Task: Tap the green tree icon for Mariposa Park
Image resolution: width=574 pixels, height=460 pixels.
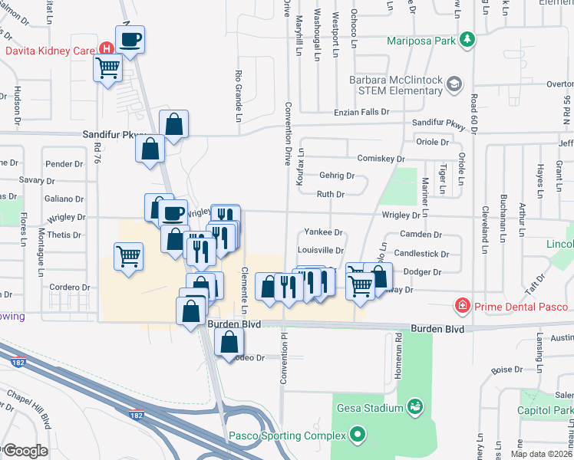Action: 467,39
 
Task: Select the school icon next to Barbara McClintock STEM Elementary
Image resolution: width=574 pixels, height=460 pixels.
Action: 455,83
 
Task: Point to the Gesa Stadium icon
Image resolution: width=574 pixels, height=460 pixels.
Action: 415,405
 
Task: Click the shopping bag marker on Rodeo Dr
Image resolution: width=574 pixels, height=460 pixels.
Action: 229,342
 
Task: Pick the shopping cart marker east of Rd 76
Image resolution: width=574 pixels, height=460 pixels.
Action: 129,256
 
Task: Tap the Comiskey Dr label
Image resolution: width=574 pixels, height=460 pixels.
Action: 381,159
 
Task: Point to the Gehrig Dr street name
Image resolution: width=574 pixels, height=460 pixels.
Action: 338,176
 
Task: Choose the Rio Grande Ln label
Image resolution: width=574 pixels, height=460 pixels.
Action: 239,87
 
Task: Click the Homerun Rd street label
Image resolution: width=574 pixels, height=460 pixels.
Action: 399,349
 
